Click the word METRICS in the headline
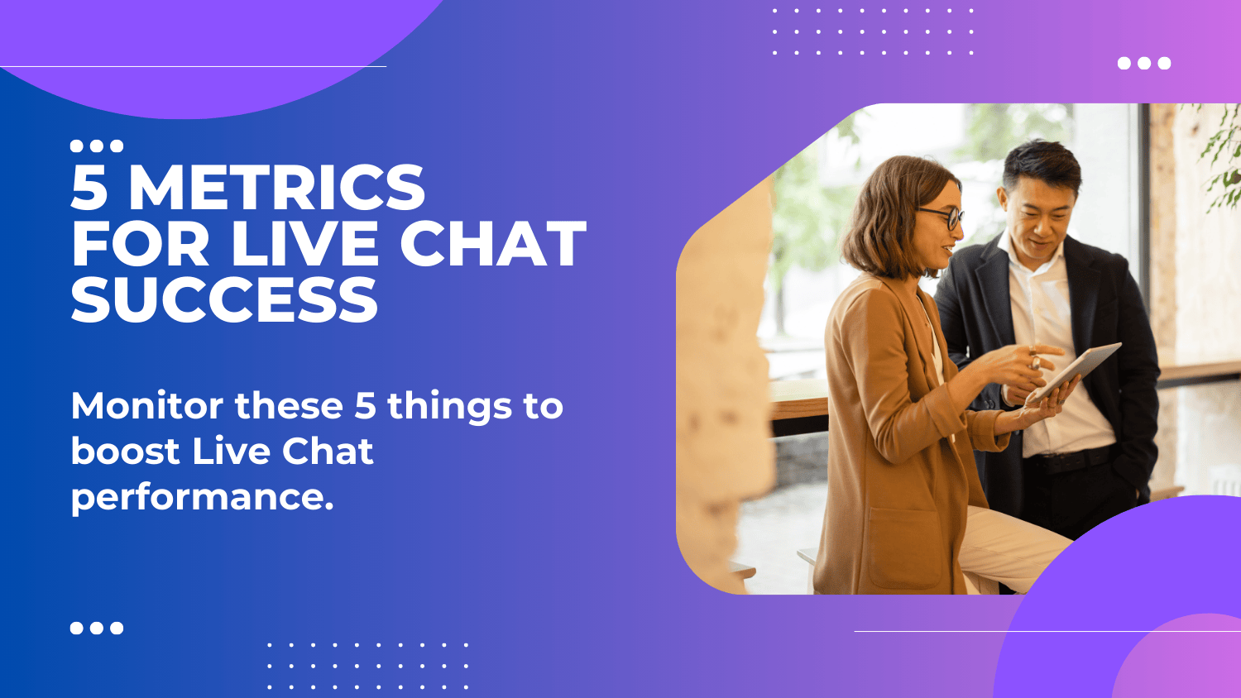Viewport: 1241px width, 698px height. (276, 188)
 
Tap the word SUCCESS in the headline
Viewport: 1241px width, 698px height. (224, 299)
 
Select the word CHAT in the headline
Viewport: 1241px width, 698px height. (493, 244)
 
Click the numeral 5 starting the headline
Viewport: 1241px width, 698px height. (89, 188)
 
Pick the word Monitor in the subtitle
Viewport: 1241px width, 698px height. (147, 406)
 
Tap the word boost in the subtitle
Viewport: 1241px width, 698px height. (125, 452)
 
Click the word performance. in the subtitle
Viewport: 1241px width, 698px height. (202, 497)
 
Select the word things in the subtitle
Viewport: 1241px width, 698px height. (449, 406)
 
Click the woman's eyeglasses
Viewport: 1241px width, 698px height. (945, 217)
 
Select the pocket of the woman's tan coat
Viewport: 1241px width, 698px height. (906, 546)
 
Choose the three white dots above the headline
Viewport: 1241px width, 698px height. (97, 146)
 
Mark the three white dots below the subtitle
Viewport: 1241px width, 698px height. (97, 628)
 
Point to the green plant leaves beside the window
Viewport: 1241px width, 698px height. (1223, 157)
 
